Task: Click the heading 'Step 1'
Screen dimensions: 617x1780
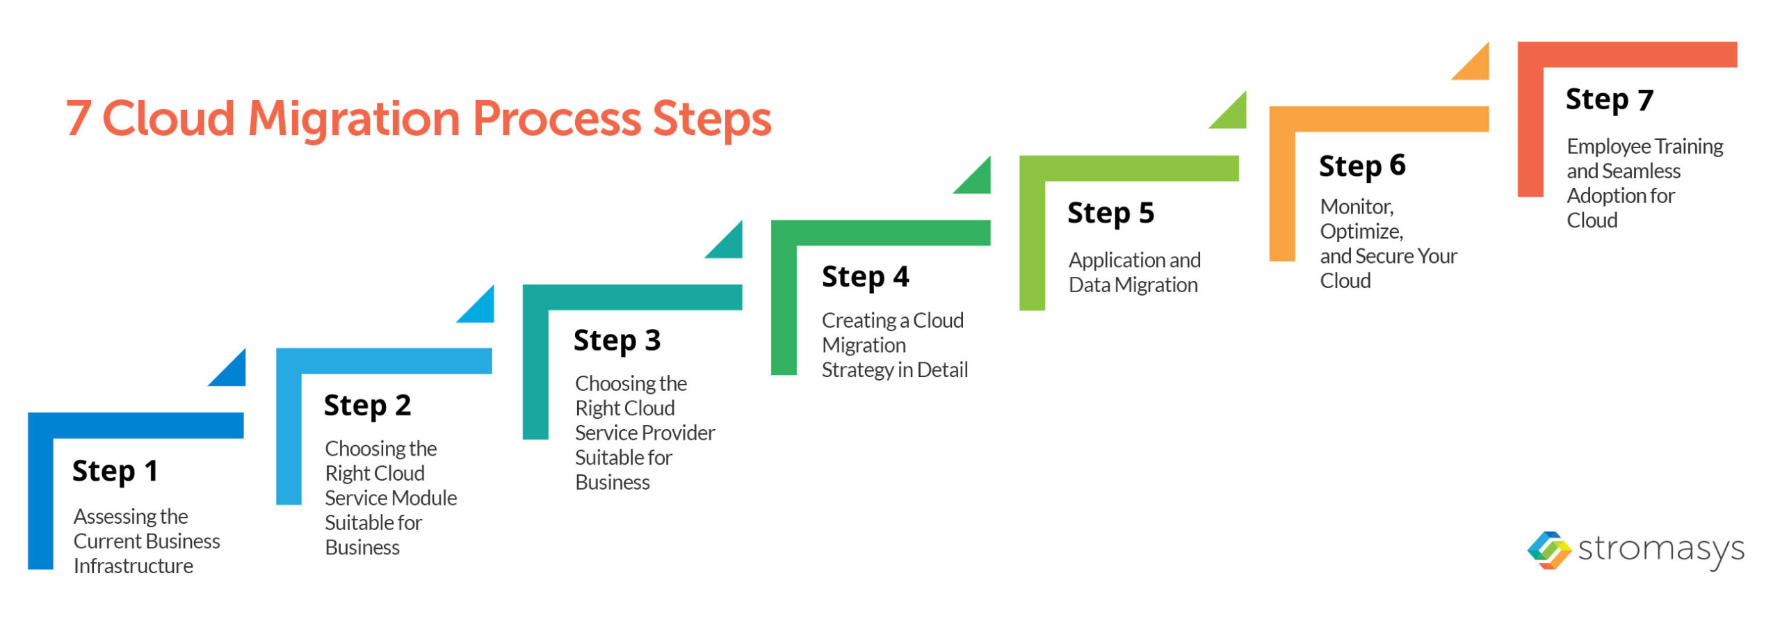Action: [x=115, y=471]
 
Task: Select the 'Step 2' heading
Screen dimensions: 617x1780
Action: [x=367, y=406]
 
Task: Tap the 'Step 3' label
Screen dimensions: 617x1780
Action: [x=617, y=341]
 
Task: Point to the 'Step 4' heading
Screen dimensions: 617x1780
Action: [x=865, y=277]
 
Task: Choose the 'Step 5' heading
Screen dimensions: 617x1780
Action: [x=1110, y=213]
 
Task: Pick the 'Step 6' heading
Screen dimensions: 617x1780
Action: [x=1361, y=166]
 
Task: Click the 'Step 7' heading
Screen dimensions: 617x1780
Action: [x=1609, y=99]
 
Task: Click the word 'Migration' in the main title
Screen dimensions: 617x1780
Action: [x=354, y=118]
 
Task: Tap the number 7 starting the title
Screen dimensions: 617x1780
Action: [x=79, y=118]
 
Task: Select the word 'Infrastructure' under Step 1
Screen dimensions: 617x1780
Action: [x=133, y=566]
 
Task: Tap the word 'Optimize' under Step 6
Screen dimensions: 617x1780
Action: [x=1361, y=232]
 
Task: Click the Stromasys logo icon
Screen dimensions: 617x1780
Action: [x=1548, y=550]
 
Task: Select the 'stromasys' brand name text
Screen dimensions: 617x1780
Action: [x=1660, y=550]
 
